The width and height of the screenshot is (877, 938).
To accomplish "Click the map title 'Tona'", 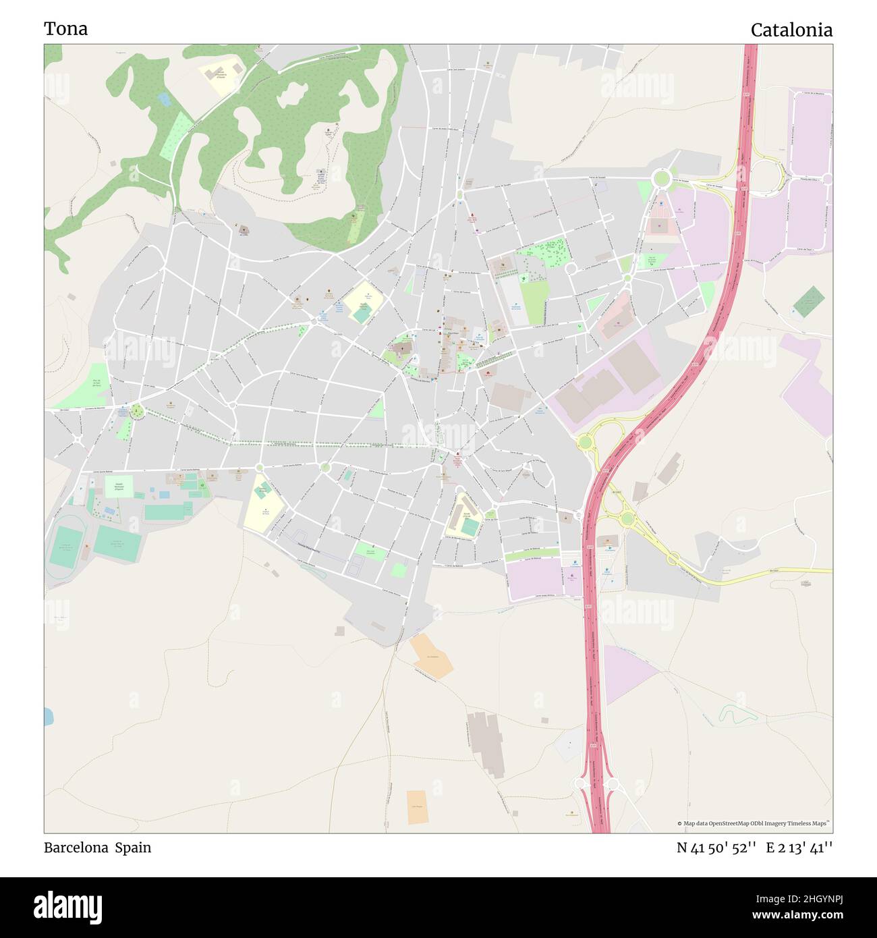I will (x=65, y=29).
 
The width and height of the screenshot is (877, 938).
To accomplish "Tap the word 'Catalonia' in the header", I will (x=791, y=30).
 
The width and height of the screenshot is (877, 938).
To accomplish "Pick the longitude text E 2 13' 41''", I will (x=799, y=848).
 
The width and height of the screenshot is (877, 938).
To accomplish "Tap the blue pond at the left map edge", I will (x=48, y=716).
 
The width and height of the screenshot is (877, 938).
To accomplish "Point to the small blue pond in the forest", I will (x=164, y=100).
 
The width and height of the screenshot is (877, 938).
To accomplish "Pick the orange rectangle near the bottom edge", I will (x=418, y=807).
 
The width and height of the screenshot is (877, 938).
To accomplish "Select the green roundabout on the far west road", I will (x=138, y=411).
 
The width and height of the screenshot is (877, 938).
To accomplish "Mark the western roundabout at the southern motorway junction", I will (x=579, y=784).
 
